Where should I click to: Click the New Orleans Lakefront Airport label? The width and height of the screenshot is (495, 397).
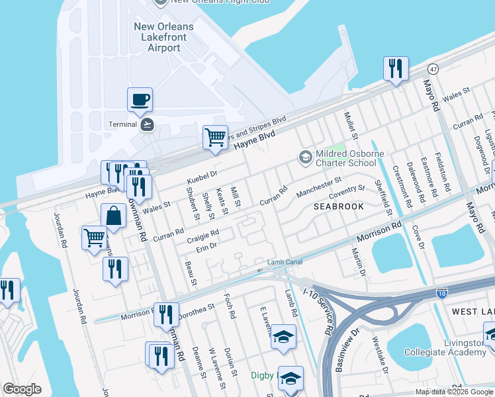[x=164, y=37]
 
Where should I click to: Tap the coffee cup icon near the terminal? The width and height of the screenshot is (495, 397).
[x=140, y=100]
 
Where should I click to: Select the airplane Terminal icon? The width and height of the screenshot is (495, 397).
[x=147, y=124]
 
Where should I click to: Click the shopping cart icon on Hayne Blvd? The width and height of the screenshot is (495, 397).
[x=215, y=138]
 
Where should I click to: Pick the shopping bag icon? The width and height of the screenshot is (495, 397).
[x=114, y=216]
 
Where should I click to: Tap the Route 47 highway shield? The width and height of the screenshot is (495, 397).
[x=433, y=69]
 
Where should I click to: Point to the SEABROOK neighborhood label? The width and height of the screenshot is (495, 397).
[x=338, y=206]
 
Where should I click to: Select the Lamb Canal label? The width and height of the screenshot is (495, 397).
[x=285, y=263]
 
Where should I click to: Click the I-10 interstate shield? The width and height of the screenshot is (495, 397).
[x=442, y=292]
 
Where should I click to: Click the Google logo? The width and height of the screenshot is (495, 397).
[x=22, y=389]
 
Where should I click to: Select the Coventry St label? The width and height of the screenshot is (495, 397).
[x=347, y=192]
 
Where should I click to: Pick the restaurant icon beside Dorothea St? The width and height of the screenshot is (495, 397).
[x=166, y=314]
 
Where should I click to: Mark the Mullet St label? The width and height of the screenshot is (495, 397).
[x=350, y=126]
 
